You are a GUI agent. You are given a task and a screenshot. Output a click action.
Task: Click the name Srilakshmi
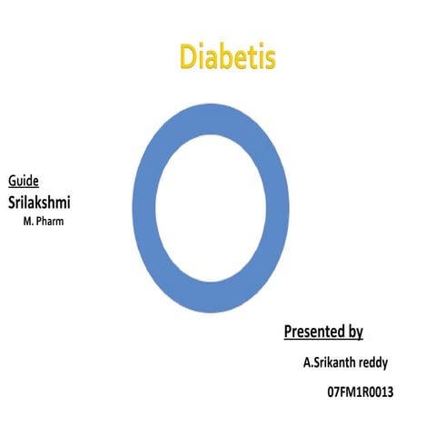(40, 202)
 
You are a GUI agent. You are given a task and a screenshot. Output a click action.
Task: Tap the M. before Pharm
(28, 221)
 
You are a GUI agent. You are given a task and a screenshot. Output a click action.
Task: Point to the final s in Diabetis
(269, 58)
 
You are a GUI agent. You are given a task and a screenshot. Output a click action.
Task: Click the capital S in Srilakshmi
(13, 202)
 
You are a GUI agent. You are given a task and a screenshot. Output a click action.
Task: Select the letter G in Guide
(12, 181)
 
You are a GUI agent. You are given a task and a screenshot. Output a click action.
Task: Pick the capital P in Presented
(289, 330)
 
